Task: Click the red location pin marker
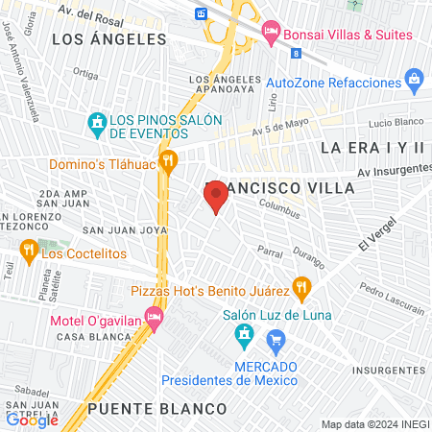[x=216, y=199]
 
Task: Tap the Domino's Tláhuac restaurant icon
[x=169, y=160]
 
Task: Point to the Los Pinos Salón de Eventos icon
[x=96, y=122]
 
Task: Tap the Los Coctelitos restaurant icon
[x=28, y=252]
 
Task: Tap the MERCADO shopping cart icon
[x=276, y=339]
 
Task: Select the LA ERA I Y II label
[x=372, y=147]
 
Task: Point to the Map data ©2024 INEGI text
[x=373, y=424]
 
